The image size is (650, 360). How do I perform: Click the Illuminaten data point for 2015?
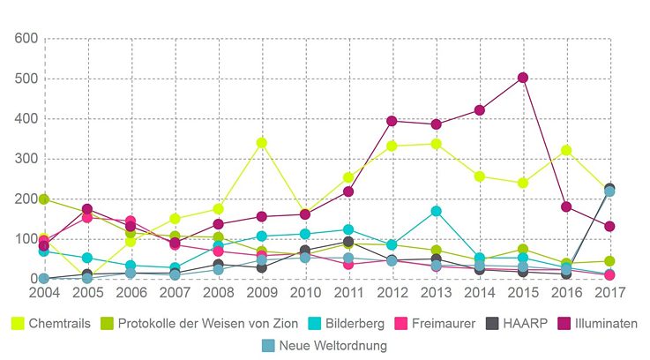tap(523, 78)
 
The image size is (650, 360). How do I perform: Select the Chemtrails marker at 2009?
tap(261, 143)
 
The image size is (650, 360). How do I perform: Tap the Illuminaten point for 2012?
tap(392, 121)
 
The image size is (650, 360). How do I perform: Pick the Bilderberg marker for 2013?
tap(436, 211)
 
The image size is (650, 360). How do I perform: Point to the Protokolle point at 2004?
tap(44, 199)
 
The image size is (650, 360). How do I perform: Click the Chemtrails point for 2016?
tap(566, 150)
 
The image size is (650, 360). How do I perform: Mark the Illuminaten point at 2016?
tap(566, 206)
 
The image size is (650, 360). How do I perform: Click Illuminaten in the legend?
tap(604, 324)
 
